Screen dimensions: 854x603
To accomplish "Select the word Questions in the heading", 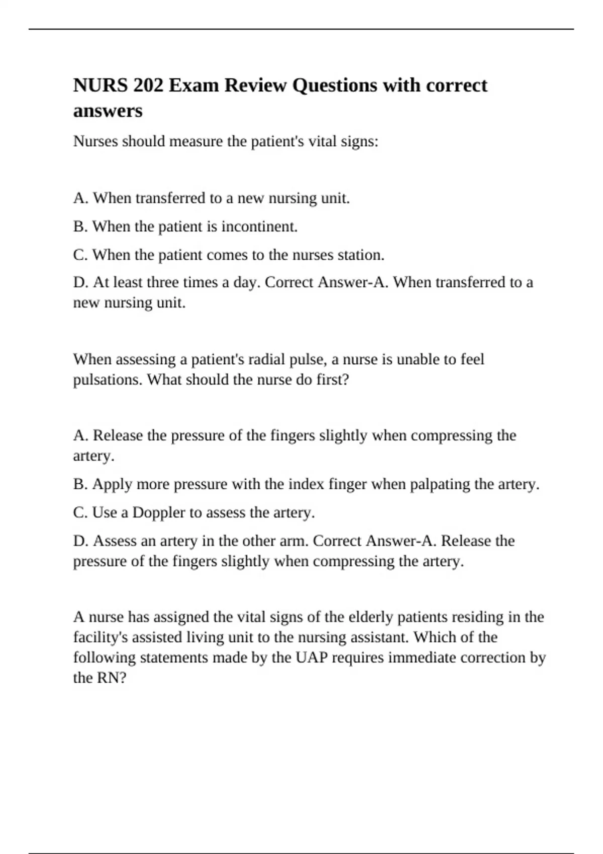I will pyautogui.click(x=335, y=85).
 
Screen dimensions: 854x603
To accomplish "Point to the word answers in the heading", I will pyautogui.click(x=108, y=111).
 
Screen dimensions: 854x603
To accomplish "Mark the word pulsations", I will pyautogui.click(x=108, y=380).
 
